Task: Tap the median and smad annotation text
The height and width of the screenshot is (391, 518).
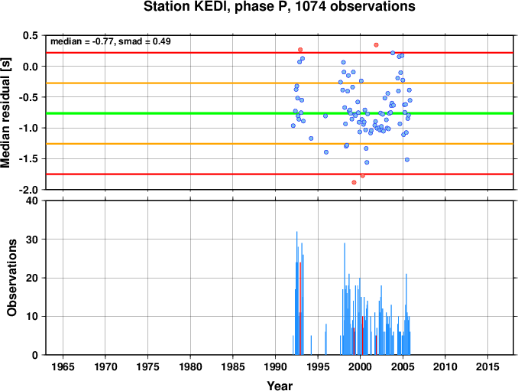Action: click(110, 41)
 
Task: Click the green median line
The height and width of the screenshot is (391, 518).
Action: click(280, 113)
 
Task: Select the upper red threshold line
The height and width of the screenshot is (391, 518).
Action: click(280, 53)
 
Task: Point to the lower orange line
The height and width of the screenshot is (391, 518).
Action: click(280, 144)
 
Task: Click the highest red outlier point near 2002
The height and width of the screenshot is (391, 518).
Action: click(376, 45)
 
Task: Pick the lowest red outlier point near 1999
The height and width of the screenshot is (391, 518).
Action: click(355, 182)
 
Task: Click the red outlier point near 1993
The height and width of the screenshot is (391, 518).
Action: click(300, 50)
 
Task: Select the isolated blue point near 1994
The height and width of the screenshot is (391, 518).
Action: click(311, 138)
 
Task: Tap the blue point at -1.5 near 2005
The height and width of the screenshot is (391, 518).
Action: click(407, 159)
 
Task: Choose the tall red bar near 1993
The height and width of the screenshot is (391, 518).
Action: click(300, 308)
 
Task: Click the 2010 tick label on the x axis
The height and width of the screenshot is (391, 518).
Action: click(445, 367)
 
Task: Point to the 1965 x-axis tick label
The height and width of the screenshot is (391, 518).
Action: click(63, 367)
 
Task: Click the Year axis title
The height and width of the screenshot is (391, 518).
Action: click(280, 386)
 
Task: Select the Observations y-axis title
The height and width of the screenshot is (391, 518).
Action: click(11, 278)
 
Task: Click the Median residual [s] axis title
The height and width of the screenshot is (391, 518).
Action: click(5, 112)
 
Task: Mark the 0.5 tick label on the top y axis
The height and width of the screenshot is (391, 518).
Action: click(31, 35)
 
